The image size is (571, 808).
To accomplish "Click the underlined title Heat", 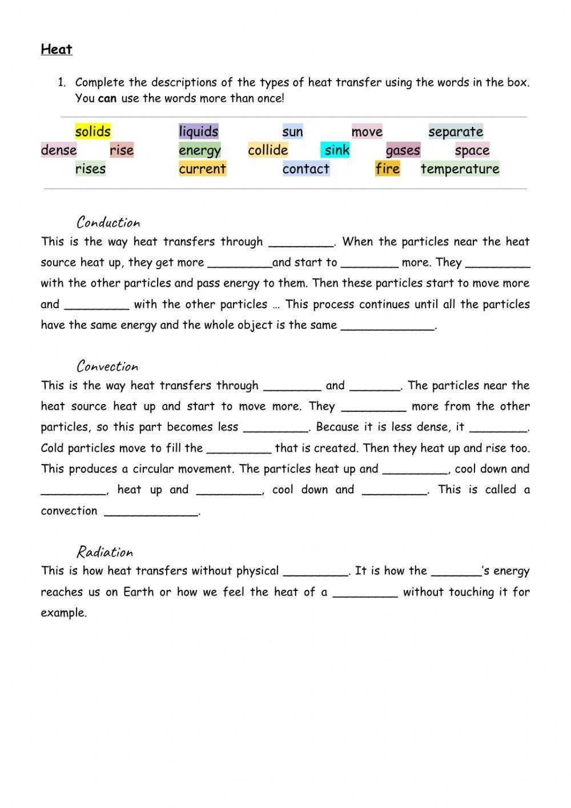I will pos(57,50).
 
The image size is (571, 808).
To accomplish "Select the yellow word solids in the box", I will pos(93,131).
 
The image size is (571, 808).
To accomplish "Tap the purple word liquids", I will pos(198,131).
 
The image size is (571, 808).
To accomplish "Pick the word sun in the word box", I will pos(292,132).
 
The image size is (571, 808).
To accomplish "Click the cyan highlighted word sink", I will pos(336,150).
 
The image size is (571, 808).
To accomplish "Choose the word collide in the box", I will pos(268,150).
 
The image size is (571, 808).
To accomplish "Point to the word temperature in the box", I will pos(460,169).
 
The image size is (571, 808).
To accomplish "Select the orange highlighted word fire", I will pos(387,169).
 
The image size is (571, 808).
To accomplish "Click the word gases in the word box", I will pos(403,151).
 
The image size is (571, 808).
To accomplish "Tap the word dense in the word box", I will pos(59,150).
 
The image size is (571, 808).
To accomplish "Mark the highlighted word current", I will pos(202,169).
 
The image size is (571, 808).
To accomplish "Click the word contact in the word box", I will pos(305,169).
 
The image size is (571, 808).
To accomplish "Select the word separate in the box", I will pos(456,132).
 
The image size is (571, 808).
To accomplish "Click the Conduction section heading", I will pos(108,222).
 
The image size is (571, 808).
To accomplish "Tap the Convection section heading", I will pos(107,366).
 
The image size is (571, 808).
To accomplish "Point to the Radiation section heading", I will pos(104,552).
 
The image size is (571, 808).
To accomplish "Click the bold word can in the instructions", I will pos(107,98).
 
